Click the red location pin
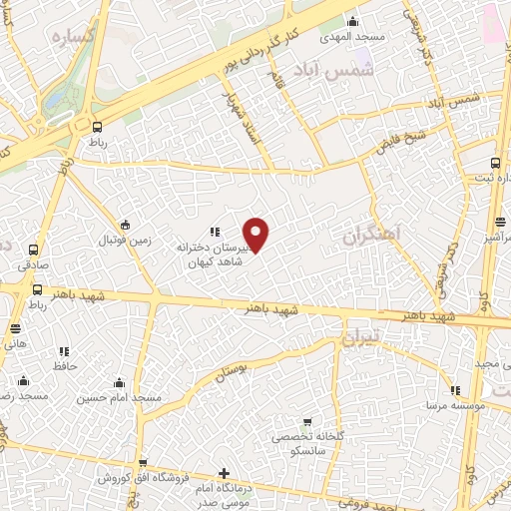[256, 234]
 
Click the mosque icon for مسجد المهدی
[350, 20]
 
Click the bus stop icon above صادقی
[34, 249]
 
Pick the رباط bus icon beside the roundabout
[97, 127]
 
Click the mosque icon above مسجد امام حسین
[120, 381]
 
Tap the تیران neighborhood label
[361, 339]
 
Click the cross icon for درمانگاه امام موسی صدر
[223, 472]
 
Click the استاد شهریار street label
[243, 117]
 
